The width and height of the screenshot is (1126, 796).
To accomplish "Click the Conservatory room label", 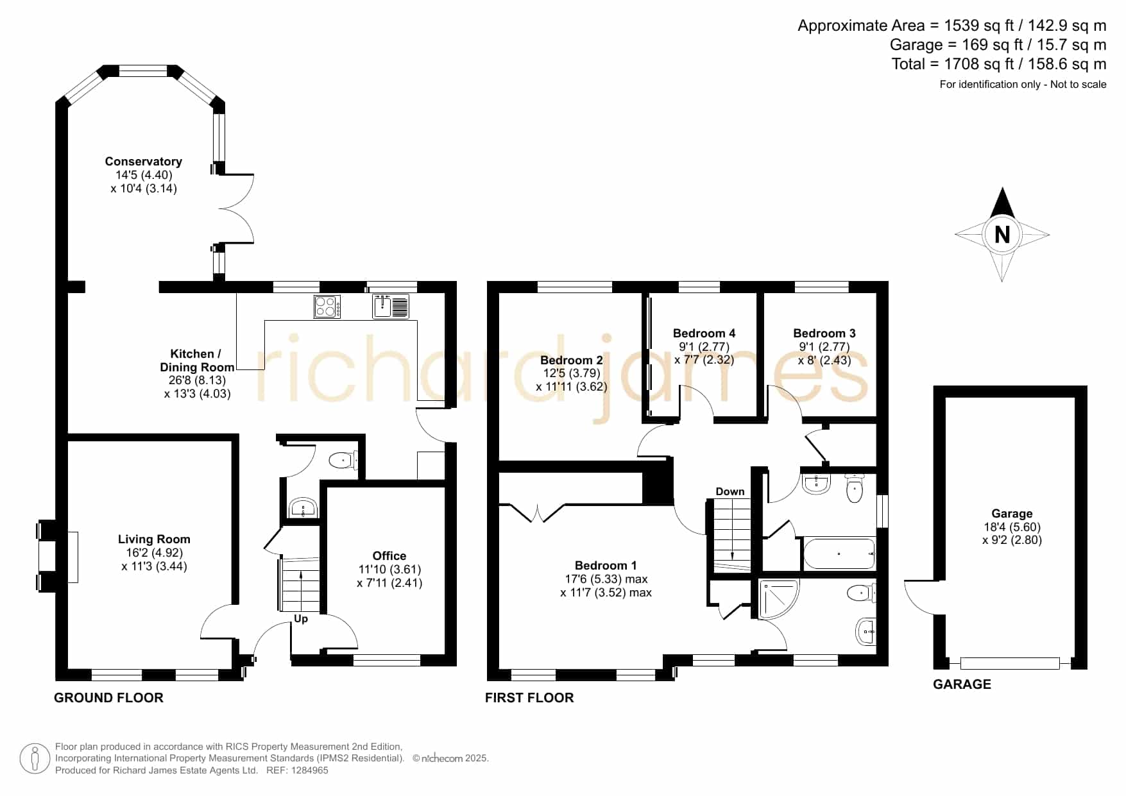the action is click(144, 162).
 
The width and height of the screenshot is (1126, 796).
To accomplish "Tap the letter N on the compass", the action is click(1002, 235).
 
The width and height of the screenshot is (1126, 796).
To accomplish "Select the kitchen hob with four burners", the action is click(327, 306).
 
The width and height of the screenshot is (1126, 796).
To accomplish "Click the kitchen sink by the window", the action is click(391, 306).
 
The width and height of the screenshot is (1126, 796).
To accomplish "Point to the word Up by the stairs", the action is click(301, 619).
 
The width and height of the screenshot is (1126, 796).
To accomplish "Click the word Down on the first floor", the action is click(730, 492).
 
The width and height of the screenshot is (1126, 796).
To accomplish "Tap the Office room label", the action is click(389, 556).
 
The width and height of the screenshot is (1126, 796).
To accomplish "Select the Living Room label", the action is click(154, 539).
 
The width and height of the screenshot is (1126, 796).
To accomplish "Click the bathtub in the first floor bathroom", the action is click(839, 554).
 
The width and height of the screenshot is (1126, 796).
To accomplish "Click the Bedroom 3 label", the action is click(824, 334).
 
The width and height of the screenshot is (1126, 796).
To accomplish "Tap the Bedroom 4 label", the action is click(704, 334).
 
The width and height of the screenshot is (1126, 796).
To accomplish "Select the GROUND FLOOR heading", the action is click(108, 698).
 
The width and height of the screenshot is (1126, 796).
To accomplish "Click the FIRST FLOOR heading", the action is click(529, 698).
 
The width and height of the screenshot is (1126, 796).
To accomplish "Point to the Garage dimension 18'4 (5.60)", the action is click(1012, 527).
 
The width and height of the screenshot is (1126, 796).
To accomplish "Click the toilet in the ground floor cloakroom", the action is click(343, 460).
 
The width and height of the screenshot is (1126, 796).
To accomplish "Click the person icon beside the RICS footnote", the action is click(35, 759).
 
